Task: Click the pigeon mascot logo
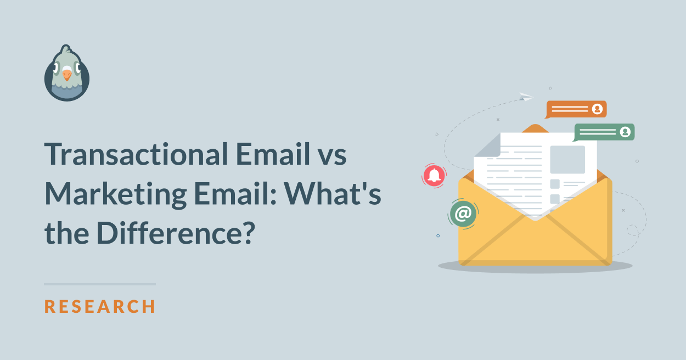67,73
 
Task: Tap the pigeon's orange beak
67,75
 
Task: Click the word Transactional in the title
136,154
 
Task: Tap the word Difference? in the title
176,233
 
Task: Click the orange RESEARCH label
100,306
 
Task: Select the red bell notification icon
434,176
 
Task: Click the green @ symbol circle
463,213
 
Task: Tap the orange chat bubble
576,109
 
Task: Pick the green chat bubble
604,132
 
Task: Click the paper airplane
526,97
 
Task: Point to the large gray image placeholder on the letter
567,160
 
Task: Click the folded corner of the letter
487,146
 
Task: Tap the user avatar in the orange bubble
597,109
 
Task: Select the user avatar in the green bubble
625,132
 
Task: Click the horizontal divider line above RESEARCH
100,284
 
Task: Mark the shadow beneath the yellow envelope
535,266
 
